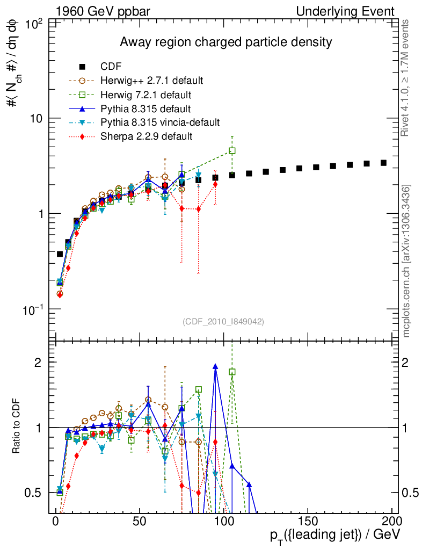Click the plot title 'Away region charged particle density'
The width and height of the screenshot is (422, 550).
click(225, 42)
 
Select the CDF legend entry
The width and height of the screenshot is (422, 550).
click(111, 67)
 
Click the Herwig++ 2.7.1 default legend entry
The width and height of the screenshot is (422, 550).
click(151, 81)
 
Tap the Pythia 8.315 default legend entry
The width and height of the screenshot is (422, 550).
click(146, 108)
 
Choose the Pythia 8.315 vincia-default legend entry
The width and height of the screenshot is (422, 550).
click(161, 122)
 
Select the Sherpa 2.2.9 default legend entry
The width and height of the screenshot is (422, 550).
click(146, 136)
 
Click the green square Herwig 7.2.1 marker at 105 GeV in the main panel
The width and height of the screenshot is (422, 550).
click(232, 151)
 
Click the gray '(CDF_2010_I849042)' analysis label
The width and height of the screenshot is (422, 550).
click(223, 321)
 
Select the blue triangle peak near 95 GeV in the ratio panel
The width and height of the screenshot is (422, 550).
click(215, 366)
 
